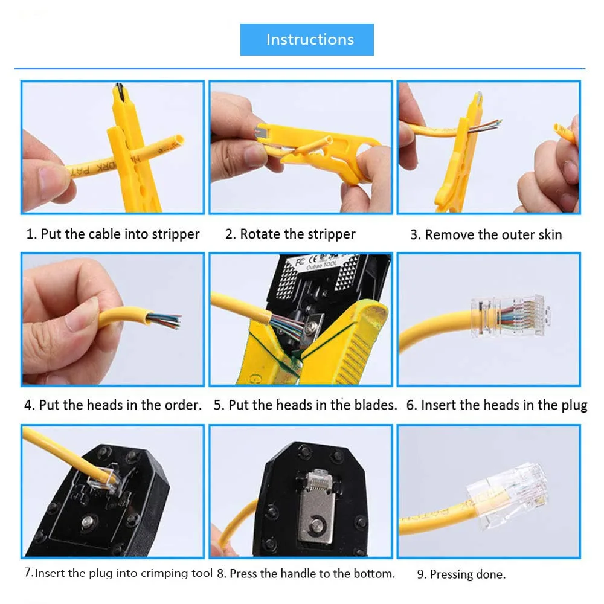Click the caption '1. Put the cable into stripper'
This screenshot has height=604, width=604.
click(x=113, y=234)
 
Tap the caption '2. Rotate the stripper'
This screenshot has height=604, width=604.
click(x=291, y=234)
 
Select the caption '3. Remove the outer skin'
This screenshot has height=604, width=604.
click(x=486, y=235)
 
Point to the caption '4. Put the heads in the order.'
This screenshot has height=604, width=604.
click(x=113, y=405)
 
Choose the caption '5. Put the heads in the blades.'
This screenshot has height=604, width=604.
click(x=305, y=405)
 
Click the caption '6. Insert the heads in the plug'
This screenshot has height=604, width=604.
click(x=496, y=405)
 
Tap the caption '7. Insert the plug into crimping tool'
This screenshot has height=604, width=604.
click(x=118, y=573)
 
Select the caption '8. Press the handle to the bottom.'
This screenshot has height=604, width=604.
click(x=306, y=573)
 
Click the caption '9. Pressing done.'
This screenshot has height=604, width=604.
click(x=461, y=574)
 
